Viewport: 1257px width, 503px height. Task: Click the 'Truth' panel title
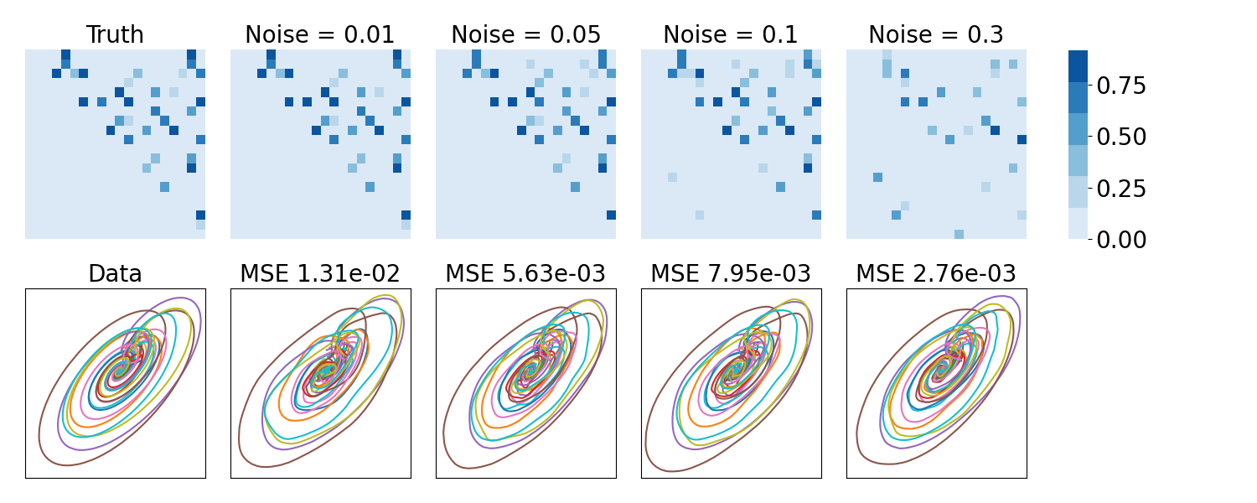[x=115, y=35]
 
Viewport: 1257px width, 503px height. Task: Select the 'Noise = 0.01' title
[x=320, y=35]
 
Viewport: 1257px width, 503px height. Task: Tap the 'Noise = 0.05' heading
[x=525, y=35]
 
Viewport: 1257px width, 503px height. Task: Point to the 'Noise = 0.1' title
[x=731, y=35]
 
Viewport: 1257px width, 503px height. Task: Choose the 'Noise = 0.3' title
[x=936, y=35]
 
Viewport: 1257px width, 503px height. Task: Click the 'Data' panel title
[x=115, y=274]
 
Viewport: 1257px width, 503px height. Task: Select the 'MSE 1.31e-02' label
[x=320, y=274]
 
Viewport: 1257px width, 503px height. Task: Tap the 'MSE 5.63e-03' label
[x=525, y=274]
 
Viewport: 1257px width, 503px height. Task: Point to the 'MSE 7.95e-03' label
[x=731, y=274]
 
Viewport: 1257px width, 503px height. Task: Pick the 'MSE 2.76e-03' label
[x=936, y=274]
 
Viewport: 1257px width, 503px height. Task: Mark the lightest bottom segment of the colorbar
[x=1078, y=224]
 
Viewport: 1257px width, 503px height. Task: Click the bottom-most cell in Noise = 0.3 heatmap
[x=959, y=234]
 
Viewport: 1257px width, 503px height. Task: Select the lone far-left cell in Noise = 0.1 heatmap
[x=672, y=177]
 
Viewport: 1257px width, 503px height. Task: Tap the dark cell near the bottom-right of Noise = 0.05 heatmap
[x=611, y=215]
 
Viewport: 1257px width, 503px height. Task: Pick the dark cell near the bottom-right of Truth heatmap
[x=200, y=215]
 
